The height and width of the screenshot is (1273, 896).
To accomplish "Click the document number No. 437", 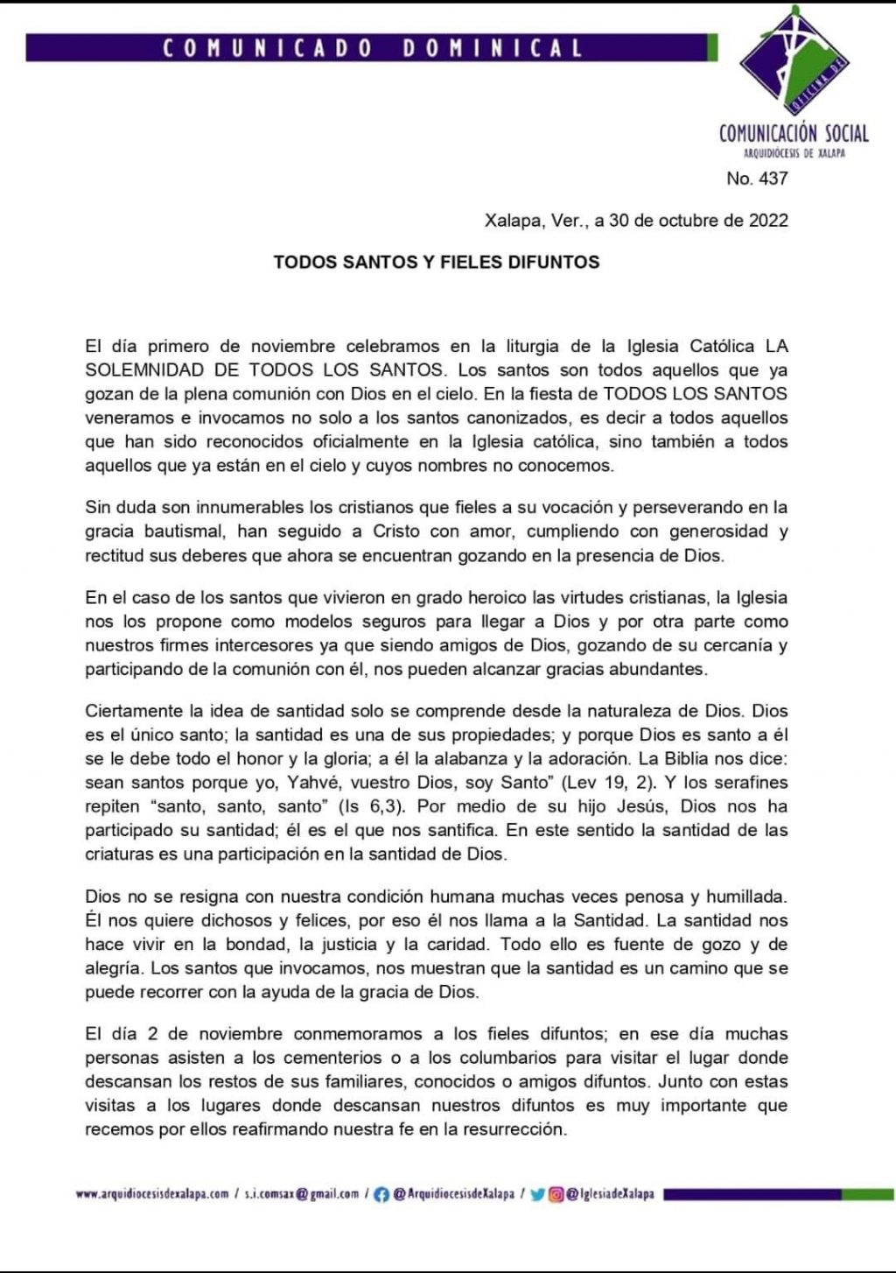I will [757, 179].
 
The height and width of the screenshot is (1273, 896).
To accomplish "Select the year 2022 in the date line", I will [768, 221].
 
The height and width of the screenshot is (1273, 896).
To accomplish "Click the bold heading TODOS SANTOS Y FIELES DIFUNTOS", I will [436, 262].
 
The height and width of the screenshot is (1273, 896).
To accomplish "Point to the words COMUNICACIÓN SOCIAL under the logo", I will [794, 133].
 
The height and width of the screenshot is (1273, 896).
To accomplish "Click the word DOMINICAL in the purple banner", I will [493, 47].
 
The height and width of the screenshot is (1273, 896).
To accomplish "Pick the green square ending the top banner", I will [712, 47].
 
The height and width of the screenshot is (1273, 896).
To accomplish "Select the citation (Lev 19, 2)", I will [608, 783].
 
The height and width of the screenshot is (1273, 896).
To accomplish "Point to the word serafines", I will [749, 783].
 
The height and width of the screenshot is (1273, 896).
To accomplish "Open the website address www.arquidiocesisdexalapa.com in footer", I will [152, 1193].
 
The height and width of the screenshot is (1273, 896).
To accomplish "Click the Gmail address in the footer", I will [302, 1193].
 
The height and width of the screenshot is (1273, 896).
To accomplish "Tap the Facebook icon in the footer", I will [381, 1194].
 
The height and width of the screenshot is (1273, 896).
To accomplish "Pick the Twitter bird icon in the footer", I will [537, 1194].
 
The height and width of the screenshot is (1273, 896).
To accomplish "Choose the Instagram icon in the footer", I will [556, 1194].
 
